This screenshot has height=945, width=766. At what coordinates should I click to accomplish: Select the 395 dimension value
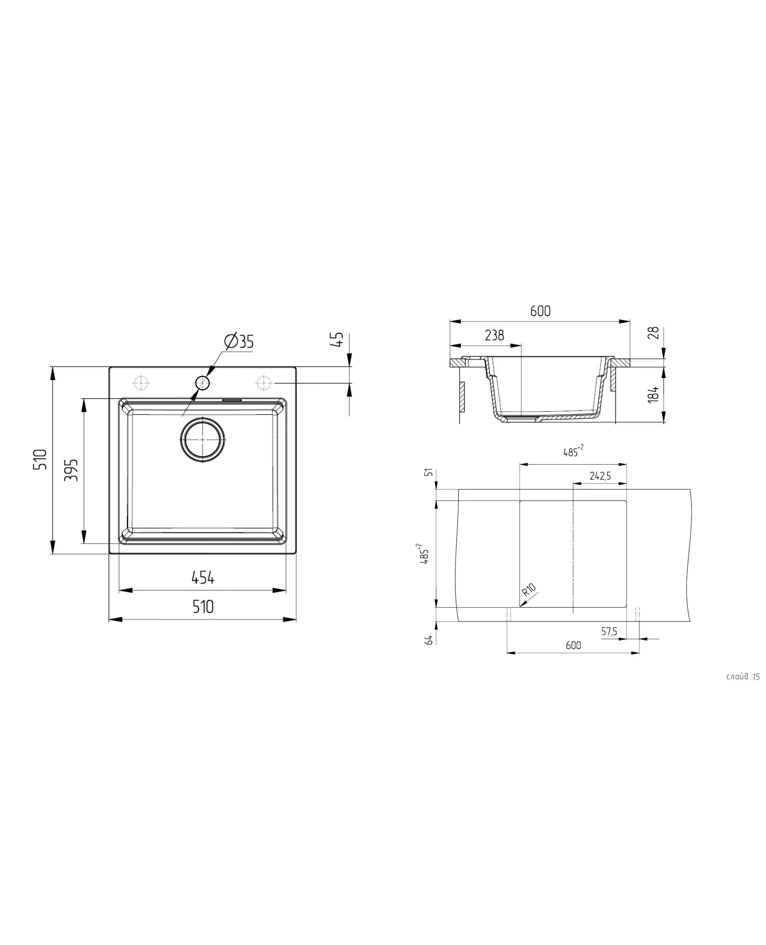pyautogui.click(x=72, y=470)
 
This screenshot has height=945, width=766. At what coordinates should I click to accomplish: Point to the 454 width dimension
pyautogui.click(x=203, y=577)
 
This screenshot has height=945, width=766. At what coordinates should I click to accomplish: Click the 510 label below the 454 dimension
pyautogui.click(x=203, y=607)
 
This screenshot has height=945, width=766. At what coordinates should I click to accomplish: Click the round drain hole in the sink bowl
pyautogui.click(x=203, y=440)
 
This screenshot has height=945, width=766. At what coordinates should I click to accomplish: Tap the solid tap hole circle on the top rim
pyautogui.click(x=203, y=383)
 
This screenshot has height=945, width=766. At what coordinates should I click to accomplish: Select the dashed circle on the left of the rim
pyautogui.click(x=141, y=383)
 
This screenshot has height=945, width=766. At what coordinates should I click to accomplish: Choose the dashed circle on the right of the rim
pyautogui.click(x=263, y=383)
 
